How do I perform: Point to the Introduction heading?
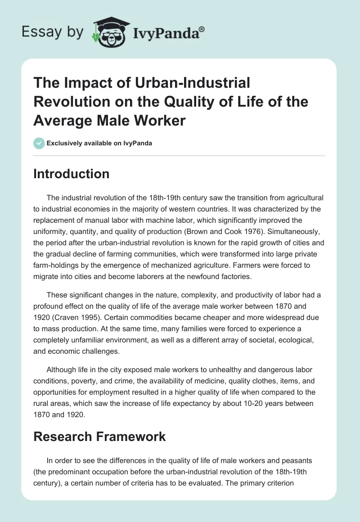tap(71, 174)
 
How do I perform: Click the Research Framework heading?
tap(99, 436)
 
